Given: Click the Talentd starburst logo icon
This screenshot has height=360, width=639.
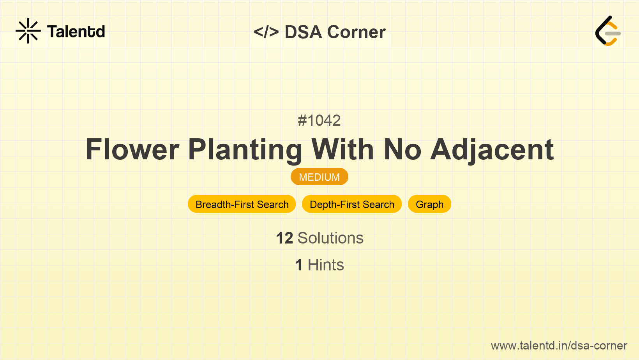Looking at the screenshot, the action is pyautogui.click(x=28, y=31).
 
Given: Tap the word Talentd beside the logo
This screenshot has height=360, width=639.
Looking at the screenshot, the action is pyautogui.click(x=76, y=31).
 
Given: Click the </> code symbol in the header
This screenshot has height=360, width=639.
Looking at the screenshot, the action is pyautogui.click(x=266, y=32).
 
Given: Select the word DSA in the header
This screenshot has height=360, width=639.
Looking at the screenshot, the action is pyautogui.click(x=303, y=32).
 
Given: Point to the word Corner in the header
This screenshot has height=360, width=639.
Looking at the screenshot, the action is pyautogui.click(x=357, y=32).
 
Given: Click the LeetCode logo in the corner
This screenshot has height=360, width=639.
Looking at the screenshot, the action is pyautogui.click(x=608, y=31).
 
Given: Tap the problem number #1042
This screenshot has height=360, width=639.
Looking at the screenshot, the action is pyautogui.click(x=319, y=120).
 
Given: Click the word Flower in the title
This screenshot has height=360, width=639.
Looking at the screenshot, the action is pyautogui.click(x=132, y=150).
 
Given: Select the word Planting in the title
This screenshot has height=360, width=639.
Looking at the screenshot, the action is pyautogui.click(x=245, y=150).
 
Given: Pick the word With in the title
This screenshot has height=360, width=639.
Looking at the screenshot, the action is pyautogui.click(x=342, y=149).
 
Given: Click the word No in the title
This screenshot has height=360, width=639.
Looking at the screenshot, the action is pyautogui.click(x=402, y=150).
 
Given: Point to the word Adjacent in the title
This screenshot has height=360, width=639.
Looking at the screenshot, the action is pyautogui.click(x=492, y=150).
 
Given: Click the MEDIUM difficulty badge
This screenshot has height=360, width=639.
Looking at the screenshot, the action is pyautogui.click(x=319, y=177).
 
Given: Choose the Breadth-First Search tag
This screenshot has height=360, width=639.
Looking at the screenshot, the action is pyautogui.click(x=242, y=204).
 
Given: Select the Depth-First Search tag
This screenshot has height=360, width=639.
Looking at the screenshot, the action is pyautogui.click(x=352, y=204).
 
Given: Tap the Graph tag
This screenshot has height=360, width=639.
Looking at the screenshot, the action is pyautogui.click(x=430, y=204).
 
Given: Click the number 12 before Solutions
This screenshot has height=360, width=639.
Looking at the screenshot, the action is pyautogui.click(x=284, y=238).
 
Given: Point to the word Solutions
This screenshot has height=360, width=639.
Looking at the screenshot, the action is pyautogui.click(x=331, y=238).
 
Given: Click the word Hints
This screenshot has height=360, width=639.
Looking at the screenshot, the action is pyautogui.click(x=326, y=265).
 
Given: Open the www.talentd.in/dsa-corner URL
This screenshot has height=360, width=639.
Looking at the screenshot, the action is pyautogui.click(x=559, y=346).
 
